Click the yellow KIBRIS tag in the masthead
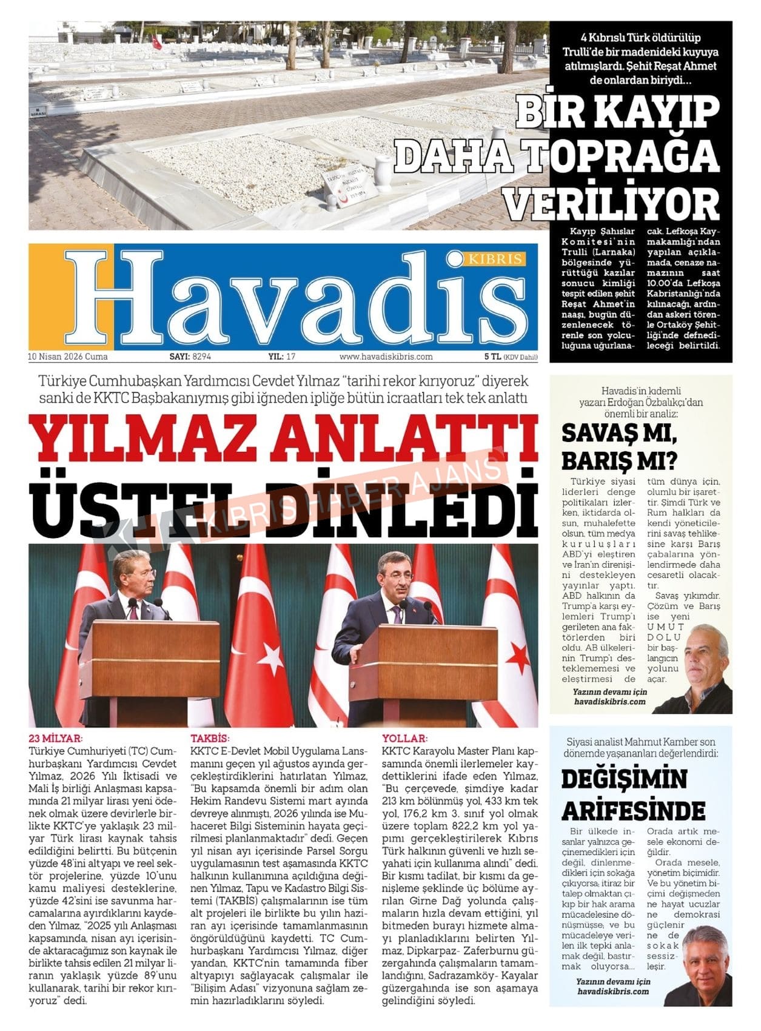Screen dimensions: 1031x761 (494, 260)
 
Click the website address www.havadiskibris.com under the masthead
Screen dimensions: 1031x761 (386, 357)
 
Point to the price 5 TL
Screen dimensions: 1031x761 (492, 357)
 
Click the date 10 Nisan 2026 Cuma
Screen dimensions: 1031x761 (68, 357)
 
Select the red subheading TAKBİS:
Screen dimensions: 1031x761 (210, 739)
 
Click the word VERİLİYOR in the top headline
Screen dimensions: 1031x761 (612, 204)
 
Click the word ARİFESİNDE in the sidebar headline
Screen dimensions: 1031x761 (633, 810)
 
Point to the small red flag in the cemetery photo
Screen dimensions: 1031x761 (157, 42)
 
